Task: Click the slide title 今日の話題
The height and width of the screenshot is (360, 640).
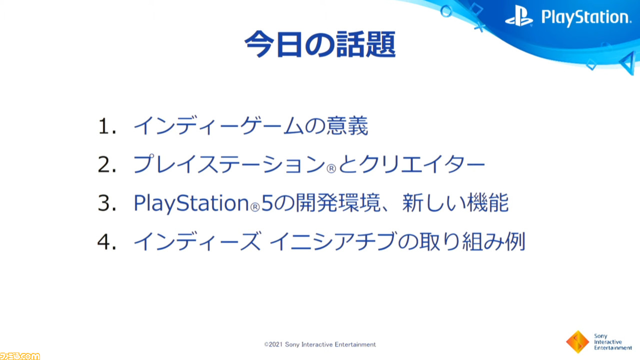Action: pyautogui.click(x=320, y=44)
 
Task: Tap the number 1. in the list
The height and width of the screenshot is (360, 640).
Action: pyautogui.click(x=107, y=126)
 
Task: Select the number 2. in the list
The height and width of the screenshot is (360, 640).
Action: pyautogui.click(x=107, y=164)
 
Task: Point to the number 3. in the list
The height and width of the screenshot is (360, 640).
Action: pyautogui.click(x=107, y=203)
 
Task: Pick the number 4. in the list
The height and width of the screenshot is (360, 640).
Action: pyautogui.click(x=107, y=241)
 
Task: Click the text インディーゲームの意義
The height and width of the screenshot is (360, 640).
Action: pyautogui.click(x=251, y=125)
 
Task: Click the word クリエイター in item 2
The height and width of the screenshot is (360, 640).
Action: pyautogui.click(x=422, y=164)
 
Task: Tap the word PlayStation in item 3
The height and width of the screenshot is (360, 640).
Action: pyautogui.click(x=191, y=203)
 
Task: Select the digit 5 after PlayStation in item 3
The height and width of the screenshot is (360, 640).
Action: pyautogui.click(x=267, y=203)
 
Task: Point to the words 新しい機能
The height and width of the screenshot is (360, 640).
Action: pyautogui.click(x=455, y=202)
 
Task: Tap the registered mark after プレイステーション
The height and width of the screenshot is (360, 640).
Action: pyautogui.click(x=331, y=169)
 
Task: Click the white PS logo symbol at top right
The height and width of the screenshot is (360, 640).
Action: pyautogui.click(x=519, y=16)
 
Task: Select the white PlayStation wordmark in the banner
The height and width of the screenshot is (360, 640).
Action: pyautogui.click(x=586, y=17)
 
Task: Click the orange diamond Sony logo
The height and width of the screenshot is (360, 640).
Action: pyautogui.click(x=577, y=341)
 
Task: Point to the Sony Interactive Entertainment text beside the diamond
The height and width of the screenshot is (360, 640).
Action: pyautogui.click(x=613, y=342)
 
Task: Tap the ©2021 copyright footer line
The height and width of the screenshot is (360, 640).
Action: pyautogui.click(x=320, y=344)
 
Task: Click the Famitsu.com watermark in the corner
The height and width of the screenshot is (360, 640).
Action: pyautogui.click(x=19, y=356)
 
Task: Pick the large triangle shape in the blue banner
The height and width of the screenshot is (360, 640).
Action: pyautogui.click(x=628, y=63)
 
